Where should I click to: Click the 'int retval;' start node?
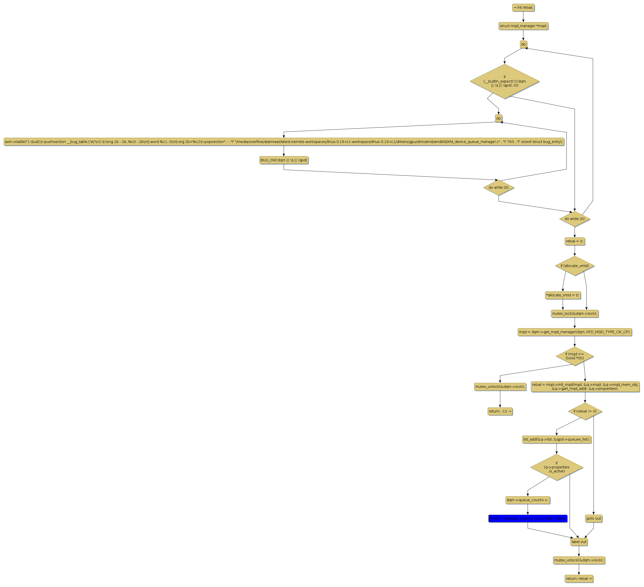[x=523, y=8]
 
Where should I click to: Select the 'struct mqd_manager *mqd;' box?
[x=523, y=26]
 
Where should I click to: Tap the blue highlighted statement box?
[x=527, y=518]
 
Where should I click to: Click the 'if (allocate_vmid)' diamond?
[x=574, y=266]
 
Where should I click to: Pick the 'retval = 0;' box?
[x=574, y=241]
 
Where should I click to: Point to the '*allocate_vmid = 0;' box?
[x=562, y=295]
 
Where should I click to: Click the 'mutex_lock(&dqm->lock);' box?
[x=574, y=314]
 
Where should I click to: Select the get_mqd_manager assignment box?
[x=574, y=332]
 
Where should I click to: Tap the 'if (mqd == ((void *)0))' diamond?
[x=574, y=356]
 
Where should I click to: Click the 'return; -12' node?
[x=500, y=411]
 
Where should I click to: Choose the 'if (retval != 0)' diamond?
[x=585, y=411]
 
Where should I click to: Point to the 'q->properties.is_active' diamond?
[x=556, y=467]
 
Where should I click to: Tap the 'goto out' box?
[x=594, y=518]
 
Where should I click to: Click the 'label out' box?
[x=579, y=542]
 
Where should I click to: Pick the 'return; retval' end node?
[x=579, y=578]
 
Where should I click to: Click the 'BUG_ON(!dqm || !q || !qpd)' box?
[x=284, y=160]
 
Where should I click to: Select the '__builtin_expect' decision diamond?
[x=505, y=82]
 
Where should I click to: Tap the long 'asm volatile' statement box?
[x=284, y=142]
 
